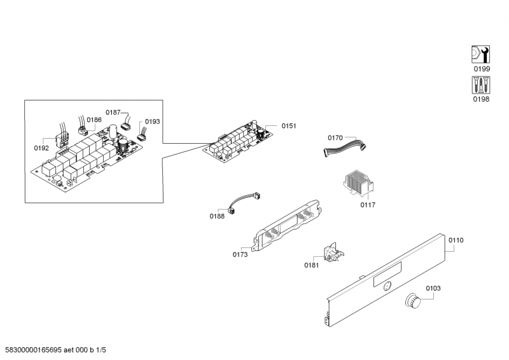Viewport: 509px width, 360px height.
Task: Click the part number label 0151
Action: coord(289,126)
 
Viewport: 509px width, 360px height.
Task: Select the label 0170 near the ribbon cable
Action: coord(335,137)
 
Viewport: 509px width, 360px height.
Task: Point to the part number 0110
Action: coord(456,240)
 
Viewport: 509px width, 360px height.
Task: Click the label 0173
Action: coord(240,254)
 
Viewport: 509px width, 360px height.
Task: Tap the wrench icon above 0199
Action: coord(480,55)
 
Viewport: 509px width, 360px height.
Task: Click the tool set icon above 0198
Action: coord(480,85)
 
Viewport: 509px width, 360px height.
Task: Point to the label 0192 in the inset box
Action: coord(41,148)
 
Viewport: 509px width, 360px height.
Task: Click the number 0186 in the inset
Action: coord(94,120)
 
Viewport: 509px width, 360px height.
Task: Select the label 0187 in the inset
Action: coord(113,112)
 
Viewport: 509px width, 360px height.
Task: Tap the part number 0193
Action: coord(153,121)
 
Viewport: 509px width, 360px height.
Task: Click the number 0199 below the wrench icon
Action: coord(481,69)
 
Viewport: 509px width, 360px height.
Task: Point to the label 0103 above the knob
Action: coord(433,288)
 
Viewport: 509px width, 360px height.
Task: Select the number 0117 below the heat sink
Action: coord(368,205)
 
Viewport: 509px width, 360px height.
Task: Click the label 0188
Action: coord(217,216)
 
